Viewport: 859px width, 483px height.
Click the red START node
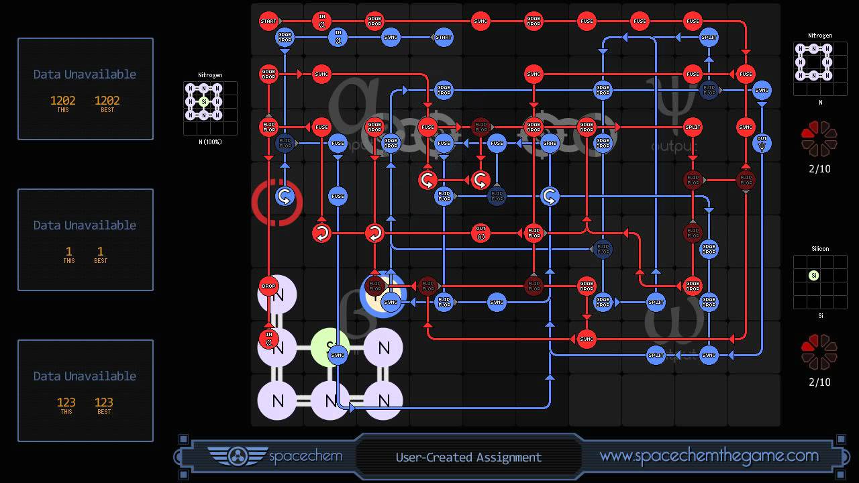tap(268, 21)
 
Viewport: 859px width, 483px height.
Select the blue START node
tap(444, 37)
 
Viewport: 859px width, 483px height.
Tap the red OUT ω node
tap(481, 233)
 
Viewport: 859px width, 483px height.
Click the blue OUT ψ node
tap(762, 143)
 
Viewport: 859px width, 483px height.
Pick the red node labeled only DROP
tap(268, 286)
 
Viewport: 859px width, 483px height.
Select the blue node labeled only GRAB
tap(550, 143)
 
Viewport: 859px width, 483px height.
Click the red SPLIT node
tap(693, 127)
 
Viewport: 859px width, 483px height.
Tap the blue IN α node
tap(338, 37)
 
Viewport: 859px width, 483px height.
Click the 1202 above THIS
tap(62, 101)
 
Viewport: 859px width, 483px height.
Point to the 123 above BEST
tap(103, 402)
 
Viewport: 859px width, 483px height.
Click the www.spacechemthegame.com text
tap(709, 456)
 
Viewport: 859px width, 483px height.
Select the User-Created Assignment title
tap(468, 458)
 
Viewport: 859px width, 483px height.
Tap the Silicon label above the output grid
tap(819, 249)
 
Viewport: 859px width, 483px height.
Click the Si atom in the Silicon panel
tap(813, 275)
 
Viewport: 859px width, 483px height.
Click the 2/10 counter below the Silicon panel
tap(819, 382)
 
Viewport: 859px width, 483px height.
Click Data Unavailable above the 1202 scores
tap(85, 74)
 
